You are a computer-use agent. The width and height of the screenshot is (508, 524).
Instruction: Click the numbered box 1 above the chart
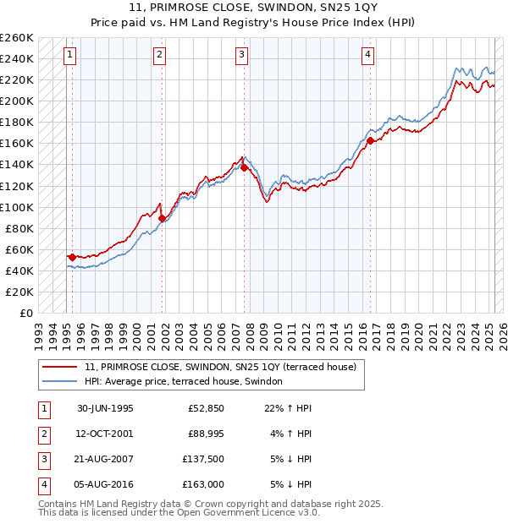[69, 56]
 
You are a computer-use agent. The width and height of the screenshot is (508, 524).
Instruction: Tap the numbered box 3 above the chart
[241, 56]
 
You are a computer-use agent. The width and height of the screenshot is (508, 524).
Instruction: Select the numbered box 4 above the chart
[368, 56]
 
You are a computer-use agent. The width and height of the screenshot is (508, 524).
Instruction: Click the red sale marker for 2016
[371, 140]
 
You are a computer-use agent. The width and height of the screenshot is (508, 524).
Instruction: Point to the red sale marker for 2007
[244, 167]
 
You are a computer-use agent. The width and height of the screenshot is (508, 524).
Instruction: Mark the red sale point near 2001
[162, 218]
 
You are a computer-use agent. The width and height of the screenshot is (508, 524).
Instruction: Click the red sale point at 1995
[72, 257]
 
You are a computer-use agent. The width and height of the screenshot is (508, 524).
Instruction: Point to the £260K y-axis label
[16, 38]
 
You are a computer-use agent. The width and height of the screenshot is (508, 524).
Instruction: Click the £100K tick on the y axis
[16, 207]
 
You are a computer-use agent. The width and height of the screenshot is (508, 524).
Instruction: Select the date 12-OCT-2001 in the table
[105, 434]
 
